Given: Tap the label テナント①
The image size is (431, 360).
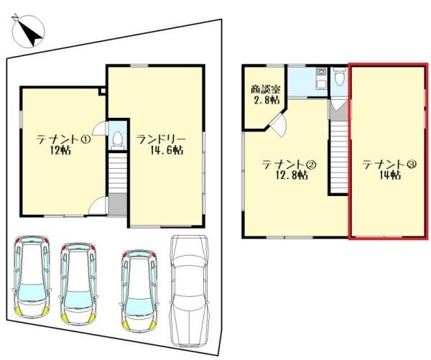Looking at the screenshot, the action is point(64,139).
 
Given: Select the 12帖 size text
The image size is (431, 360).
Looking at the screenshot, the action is point(60,150).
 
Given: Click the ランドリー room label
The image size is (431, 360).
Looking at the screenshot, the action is point(162,139).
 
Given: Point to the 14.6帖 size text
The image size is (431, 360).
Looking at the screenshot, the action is point(167,150).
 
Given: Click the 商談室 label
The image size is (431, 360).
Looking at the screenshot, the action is point(266,89).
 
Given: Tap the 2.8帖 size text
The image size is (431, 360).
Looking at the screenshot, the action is point(267,100).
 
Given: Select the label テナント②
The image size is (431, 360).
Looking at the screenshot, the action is point(289,165).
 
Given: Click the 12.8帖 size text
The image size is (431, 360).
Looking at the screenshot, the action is point(292,175).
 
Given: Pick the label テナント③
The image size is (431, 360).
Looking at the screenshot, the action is point(389,165).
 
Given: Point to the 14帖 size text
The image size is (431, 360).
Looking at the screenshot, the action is point(390,175).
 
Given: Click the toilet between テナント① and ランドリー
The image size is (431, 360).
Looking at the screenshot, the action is point(119,140).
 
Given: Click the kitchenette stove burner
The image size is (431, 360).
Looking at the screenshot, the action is point(320,72).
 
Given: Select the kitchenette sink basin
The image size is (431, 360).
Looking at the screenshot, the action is point(320,83).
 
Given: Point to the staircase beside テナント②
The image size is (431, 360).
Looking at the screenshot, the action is point(339,157).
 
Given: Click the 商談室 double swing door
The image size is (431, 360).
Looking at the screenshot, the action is point(278,123).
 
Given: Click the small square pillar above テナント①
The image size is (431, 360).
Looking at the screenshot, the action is point(103,91).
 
